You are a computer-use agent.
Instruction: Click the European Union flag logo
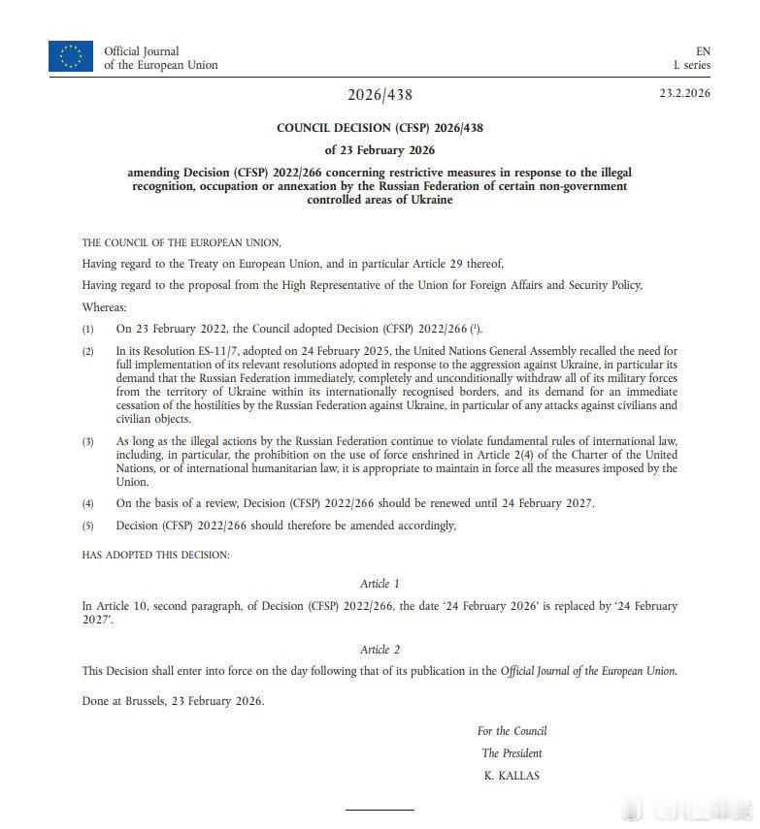click(71, 57)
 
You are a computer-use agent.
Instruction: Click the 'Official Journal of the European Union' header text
click(160, 58)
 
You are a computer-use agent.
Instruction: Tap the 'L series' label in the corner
click(692, 65)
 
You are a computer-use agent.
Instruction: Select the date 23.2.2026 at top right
click(685, 93)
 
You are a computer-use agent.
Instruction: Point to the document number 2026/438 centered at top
click(380, 95)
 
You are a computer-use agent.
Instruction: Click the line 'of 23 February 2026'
click(380, 149)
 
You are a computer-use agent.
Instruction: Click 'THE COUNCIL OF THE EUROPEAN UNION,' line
click(182, 241)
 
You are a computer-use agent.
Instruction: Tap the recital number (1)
click(88, 330)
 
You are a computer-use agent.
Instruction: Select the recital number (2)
click(88, 351)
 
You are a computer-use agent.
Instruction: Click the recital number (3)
click(88, 442)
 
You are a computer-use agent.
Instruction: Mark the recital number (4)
click(88, 504)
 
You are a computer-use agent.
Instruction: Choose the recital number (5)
click(88, 526)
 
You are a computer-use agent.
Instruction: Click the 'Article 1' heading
click(380, 584)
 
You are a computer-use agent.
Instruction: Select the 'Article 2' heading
click(380, 649)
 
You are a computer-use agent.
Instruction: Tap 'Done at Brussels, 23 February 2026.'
click(173, 701)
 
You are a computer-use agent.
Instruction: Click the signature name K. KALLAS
click(512, 776)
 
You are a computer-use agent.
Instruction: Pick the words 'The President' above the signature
click(512, 753)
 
